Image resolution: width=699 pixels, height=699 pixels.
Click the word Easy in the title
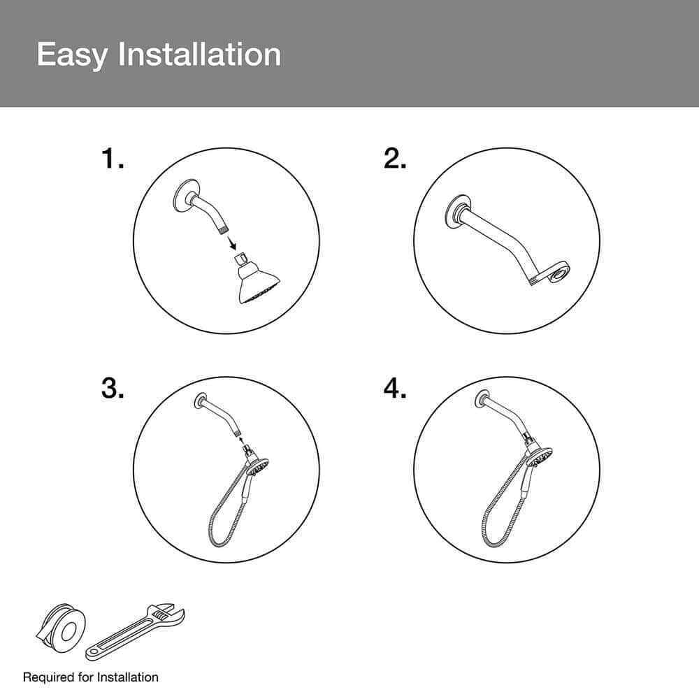(x=72, y=55)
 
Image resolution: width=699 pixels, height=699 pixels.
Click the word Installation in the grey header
(x=199, y=55)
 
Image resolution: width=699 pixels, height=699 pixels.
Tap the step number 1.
(x=113, y=159)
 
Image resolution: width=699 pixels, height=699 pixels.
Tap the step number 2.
(x=395, y=159)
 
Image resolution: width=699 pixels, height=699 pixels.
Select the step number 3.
(x=113, y=388)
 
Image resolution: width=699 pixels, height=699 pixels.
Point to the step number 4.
(x=395, y=388)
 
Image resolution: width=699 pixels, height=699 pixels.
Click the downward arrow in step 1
(x=232, y=243)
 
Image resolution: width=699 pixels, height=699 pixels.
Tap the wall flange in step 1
(x=181, y=195)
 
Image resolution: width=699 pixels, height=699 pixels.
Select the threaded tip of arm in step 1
(x=222, y=229)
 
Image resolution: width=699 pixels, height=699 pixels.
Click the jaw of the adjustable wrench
(x=169, y=612)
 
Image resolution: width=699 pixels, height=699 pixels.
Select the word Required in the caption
(x=49, y=677)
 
